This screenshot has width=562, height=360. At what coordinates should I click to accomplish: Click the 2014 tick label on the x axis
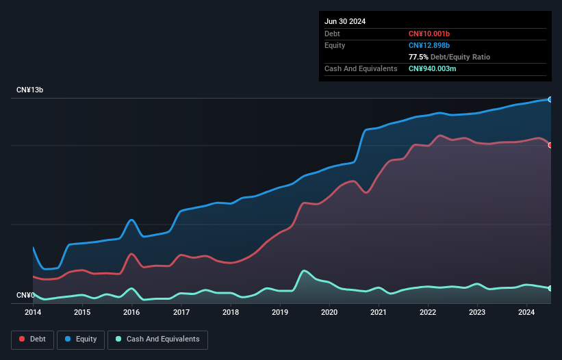(x=33, y=312)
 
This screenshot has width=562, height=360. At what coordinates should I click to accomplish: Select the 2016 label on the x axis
(x=131, y=312)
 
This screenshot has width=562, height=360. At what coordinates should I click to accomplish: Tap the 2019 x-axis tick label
(x=280, y=312)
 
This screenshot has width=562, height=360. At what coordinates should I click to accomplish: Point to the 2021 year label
(x=379, y=312)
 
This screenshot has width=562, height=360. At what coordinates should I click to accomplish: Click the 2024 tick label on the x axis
(x=526, y=312)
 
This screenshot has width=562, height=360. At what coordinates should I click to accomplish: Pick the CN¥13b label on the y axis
(x=31, y=90)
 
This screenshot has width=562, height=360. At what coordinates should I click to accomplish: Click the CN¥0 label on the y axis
(x=25, y=295)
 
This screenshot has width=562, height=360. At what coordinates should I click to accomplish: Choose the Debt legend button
(x=32, y=339)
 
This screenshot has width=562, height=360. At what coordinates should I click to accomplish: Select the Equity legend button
(x=81, y=339)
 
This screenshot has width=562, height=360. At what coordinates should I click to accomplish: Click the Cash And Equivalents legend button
(x=157, y=339)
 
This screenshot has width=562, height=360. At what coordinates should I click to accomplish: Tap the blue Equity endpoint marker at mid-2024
(x=550, y=100)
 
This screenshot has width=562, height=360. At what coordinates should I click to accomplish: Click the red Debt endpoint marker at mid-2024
(x=550, y=145)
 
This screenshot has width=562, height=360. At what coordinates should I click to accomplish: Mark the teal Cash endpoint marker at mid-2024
(x=550, y=288)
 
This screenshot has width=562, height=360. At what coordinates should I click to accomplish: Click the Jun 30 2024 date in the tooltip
(x=345, y=21)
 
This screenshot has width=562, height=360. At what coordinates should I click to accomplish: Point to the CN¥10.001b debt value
(x=430, y=34)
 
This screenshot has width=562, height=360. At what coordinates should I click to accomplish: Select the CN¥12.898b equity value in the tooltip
(x=430, y=45)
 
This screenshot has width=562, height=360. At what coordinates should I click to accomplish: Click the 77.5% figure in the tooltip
(x=418, y=57)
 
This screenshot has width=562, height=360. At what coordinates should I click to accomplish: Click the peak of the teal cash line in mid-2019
(x=304, y=271)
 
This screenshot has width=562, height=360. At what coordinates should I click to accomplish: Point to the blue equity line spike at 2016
(x=131, y=220)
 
